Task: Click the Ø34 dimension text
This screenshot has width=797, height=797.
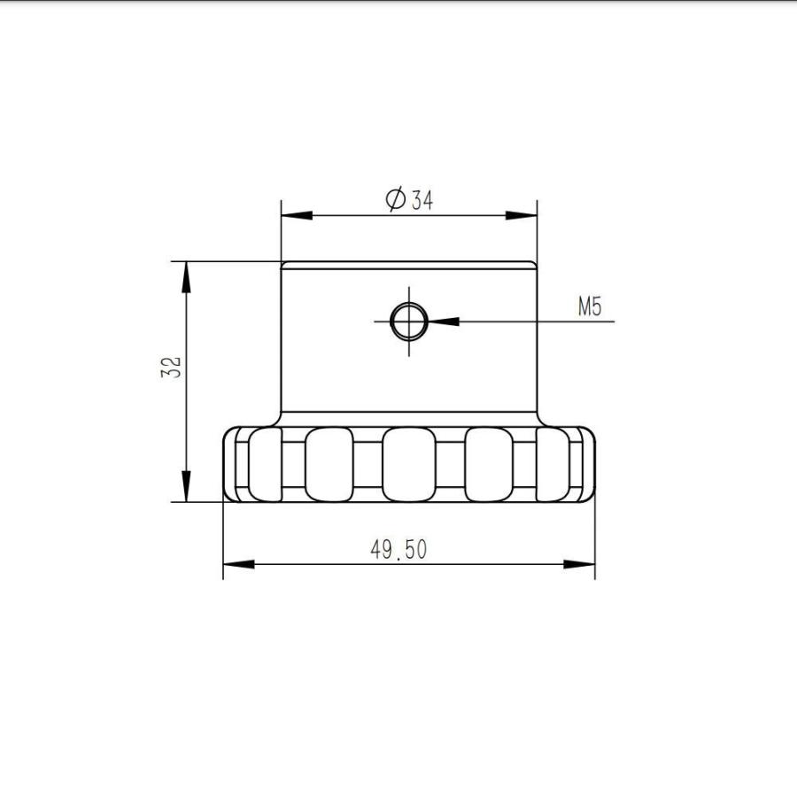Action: [410, 199]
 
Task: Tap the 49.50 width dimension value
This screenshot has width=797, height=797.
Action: [398, 550]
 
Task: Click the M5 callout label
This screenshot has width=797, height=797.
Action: [590, 307]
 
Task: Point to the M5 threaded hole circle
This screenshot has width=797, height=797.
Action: [409, 321]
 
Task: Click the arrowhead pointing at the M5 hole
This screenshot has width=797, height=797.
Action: [443, 321]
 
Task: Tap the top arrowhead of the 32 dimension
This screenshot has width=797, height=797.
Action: [186, 276]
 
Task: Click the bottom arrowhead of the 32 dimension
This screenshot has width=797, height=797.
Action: [186, 486]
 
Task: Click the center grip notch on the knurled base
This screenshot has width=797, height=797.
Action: [407, 463]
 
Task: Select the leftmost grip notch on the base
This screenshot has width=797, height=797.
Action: [263, 463]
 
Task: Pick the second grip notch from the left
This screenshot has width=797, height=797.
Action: [329, 463]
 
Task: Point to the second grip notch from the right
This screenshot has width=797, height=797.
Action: [489, 463]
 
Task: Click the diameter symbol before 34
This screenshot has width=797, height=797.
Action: [396, 199]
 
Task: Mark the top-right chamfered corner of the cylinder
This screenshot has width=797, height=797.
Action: [534, 264]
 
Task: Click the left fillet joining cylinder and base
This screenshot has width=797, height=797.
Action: [276, 420]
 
